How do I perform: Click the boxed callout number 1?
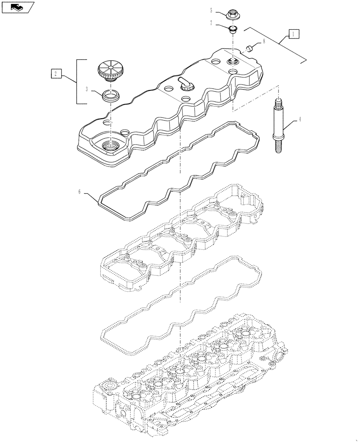294,33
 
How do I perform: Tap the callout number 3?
88,89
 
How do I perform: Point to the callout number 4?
300,119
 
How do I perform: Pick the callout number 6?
79,191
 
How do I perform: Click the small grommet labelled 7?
232,30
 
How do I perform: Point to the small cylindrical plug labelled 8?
250,47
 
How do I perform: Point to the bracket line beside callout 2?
78,82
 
